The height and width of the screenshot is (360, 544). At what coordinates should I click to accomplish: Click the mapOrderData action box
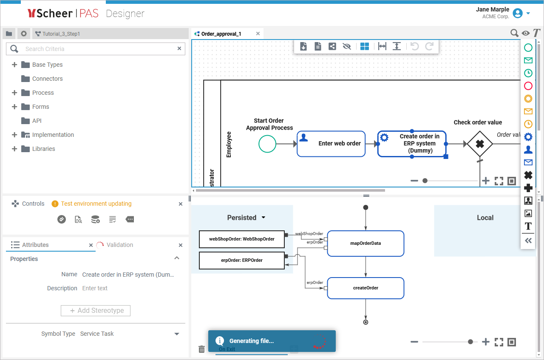(x=365, y=244)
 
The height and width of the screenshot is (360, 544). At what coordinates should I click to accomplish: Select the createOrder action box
(x=365, y=288)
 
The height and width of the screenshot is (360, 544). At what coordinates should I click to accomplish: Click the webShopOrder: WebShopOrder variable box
(x=241, y=239)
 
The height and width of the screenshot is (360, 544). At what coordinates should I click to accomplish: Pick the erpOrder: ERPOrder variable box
(x=241, y=260)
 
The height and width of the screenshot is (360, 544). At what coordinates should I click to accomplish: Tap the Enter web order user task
(x=331, y=144)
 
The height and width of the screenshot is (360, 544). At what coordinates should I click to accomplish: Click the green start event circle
(x=267, y=144)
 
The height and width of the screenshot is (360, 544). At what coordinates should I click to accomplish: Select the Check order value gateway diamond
(x=480, y=144)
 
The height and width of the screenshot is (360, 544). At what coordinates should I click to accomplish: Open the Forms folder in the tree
(x=40, y=107)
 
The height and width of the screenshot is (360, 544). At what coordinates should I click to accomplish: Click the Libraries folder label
(x=43, y=149)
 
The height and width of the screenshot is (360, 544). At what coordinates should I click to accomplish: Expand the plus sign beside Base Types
(x=14, y=65)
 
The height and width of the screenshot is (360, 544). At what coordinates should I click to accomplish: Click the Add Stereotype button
(x=96, y=311)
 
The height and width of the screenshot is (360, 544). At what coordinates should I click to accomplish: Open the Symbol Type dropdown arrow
(x=177, y=334)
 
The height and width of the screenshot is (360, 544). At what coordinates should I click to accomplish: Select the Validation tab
(x=119, y=245)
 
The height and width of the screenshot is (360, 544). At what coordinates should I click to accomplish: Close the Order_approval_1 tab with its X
(x=258, y=34)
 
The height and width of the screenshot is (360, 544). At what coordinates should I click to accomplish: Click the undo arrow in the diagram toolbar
(x=414, y=46)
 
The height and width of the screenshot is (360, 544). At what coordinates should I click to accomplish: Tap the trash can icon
(x=202, y=349)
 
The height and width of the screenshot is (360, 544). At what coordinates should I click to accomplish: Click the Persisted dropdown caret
(x=263, y=218)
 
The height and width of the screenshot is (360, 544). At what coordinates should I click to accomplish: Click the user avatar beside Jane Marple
(x=517, y=13)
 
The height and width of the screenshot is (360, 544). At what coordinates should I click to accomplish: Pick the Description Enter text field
(x=127, y=288)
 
